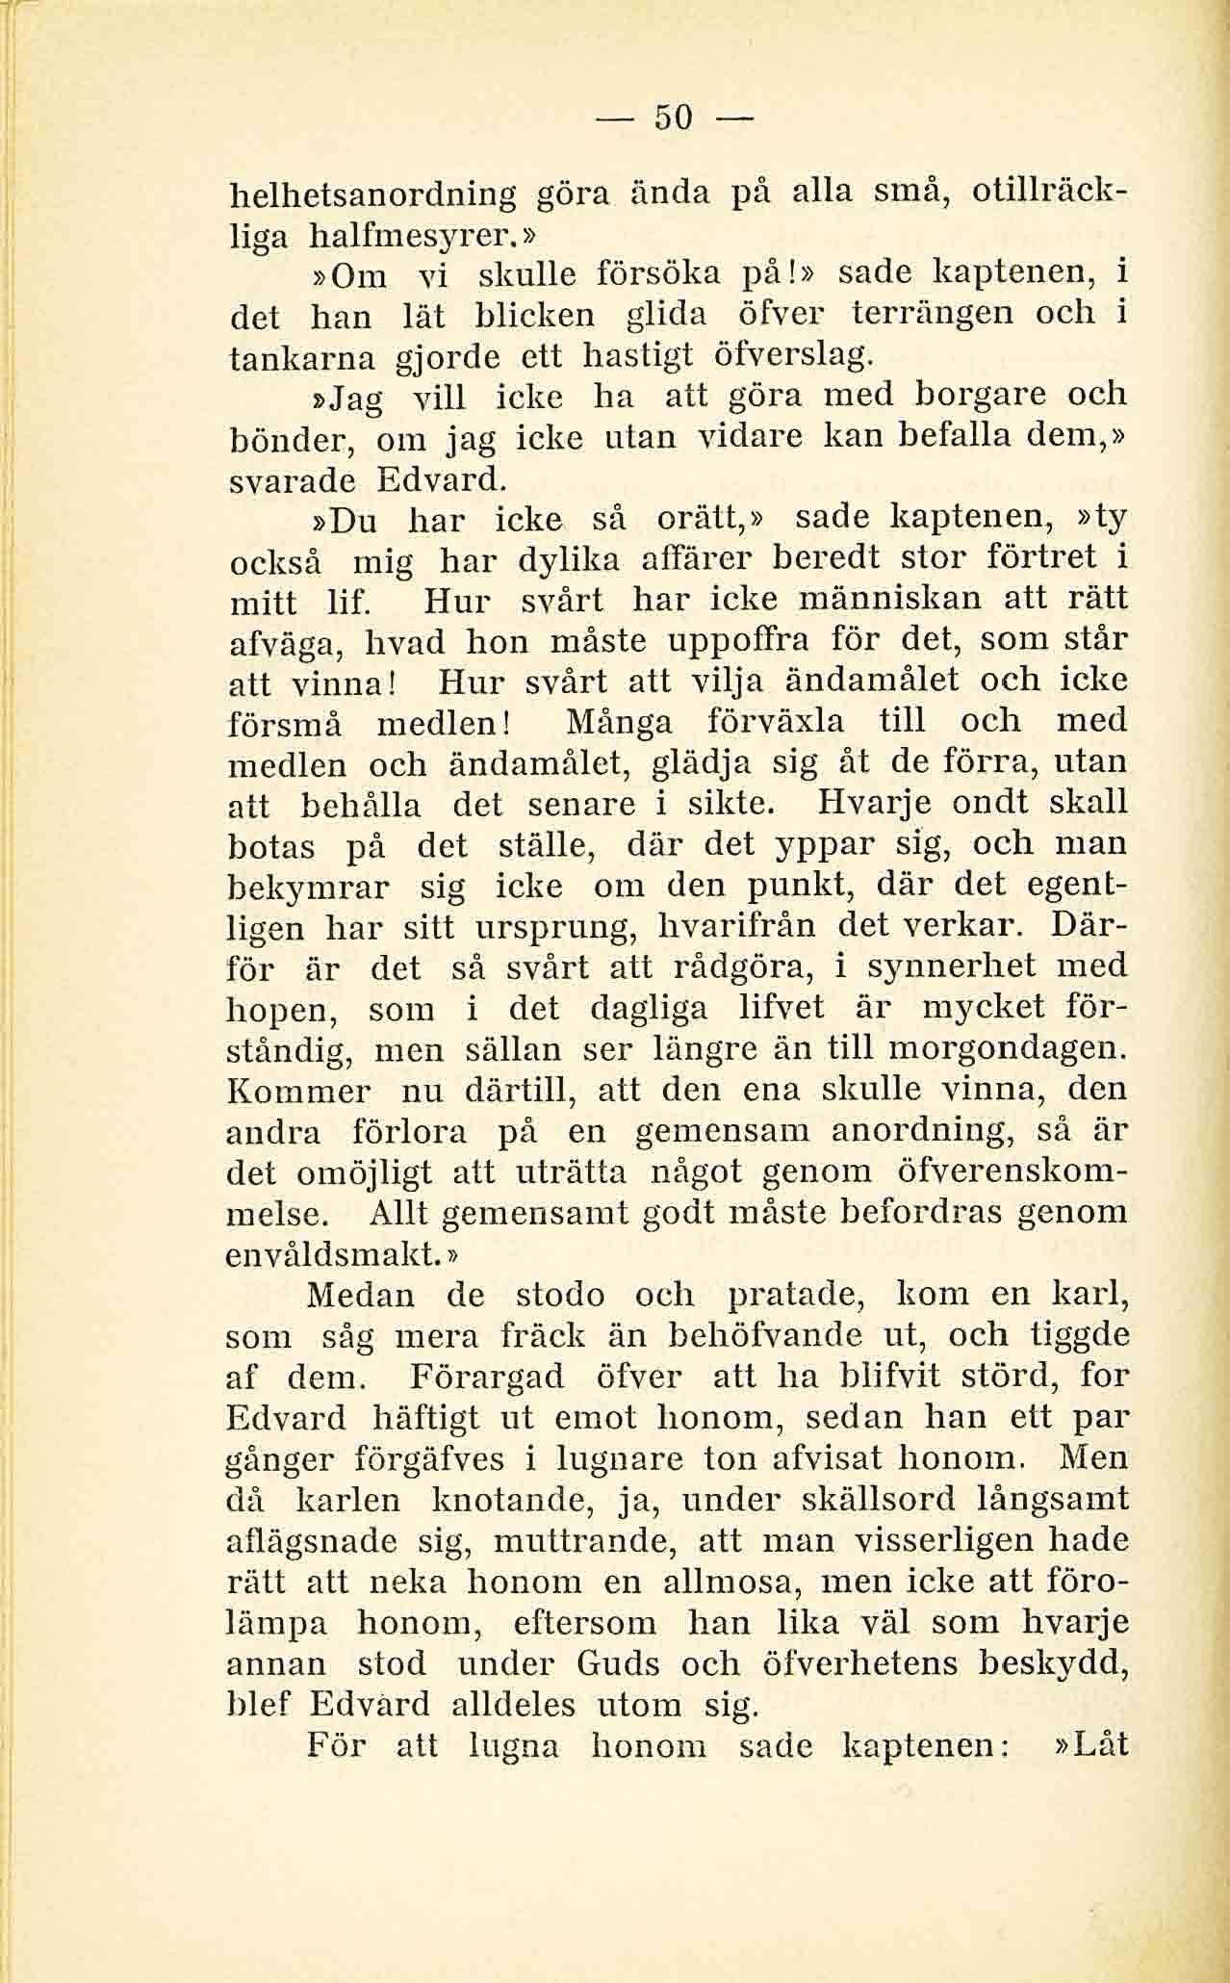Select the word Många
[617, 721]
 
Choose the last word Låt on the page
[1090, 1745]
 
